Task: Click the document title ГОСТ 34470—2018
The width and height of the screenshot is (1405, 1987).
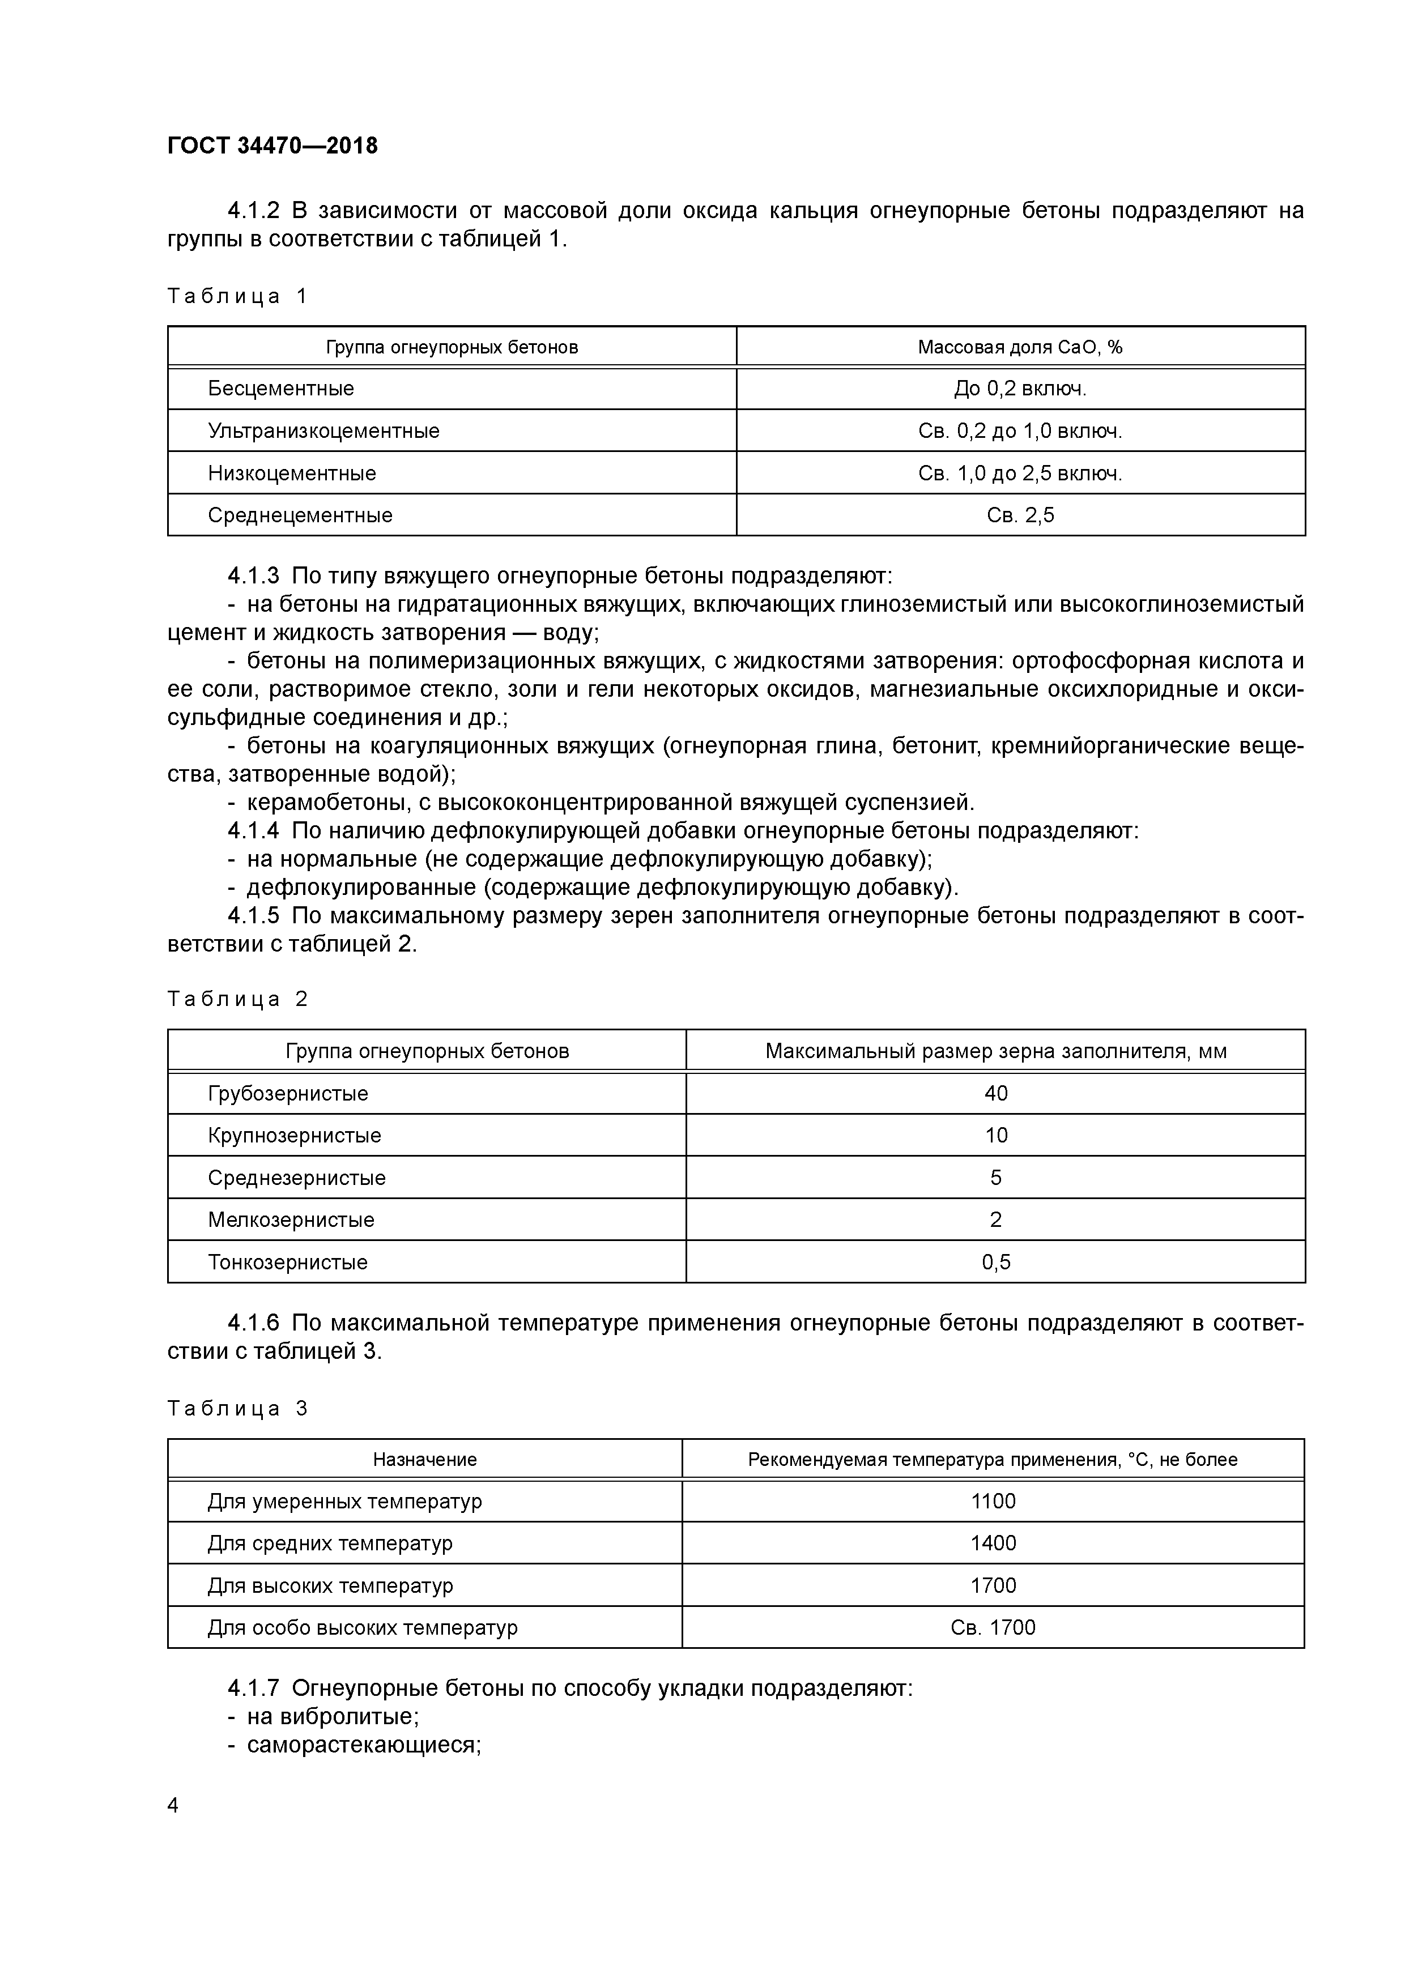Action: (x=273, y=146)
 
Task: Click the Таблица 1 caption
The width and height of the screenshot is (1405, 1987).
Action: (x=237, y=297)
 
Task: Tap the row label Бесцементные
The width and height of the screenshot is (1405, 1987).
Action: (x=280, y=389)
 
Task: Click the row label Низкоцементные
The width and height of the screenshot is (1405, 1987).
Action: (x=292, y=474)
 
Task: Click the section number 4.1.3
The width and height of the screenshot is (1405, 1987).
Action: (x=254, y=575)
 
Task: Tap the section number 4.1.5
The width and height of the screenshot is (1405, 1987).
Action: (x=254, y=915)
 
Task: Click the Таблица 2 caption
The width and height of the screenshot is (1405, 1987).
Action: (x=237, y=1000)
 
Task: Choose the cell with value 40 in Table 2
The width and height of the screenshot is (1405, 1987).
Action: (x=995, y=1094)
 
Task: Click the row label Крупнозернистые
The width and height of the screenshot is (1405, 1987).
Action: (x=295, y=1136)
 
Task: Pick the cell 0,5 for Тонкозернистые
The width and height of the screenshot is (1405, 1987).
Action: (x=995, y=1263)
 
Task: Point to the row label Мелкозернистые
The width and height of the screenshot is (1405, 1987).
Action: (x=291, y=1220)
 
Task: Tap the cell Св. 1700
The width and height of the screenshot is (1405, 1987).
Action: (x=993, y=1628)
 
